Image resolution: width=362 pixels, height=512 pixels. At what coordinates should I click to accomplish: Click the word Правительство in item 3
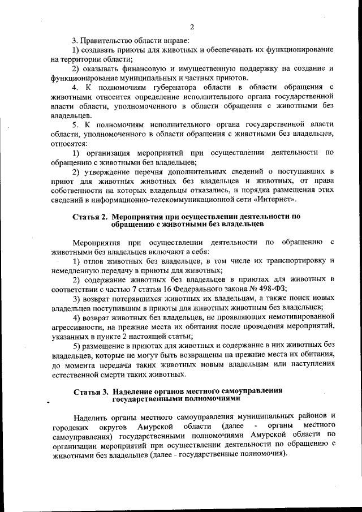(x=105, y=40)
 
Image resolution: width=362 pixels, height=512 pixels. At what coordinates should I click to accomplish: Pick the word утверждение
(x=109, y=170)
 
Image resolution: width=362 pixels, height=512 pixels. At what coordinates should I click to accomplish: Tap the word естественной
(x=76, y=373)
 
